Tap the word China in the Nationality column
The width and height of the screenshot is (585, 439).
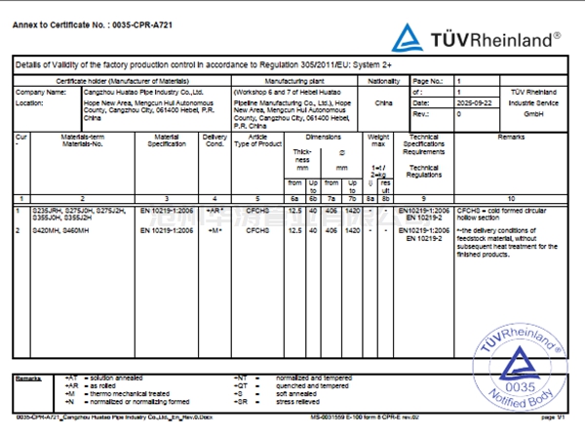(x=384, y=101)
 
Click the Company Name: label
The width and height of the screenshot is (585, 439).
(x=40, y=92)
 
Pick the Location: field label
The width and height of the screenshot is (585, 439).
(x=30, y=101)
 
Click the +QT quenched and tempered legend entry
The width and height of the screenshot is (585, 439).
(x=283, y=386)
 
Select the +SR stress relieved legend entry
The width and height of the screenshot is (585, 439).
(x=283, y=400)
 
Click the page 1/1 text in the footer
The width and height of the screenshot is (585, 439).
(x=554, y=418)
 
